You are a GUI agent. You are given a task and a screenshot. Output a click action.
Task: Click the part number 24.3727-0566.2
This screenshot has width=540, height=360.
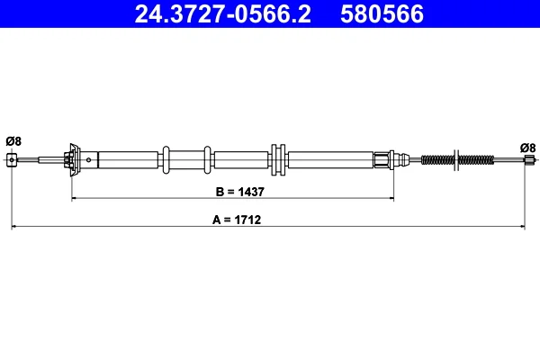tap(223, 13)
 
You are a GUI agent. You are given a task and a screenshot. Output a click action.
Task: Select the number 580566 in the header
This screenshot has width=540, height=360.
tap(382, 13)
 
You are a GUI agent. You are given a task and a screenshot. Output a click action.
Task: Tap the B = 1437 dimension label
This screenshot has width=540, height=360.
tap(239, 192)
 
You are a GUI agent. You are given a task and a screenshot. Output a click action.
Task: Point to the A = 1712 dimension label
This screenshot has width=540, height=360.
tap(237, 220)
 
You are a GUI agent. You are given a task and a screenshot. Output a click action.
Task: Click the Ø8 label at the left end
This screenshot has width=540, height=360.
tap(13, 141)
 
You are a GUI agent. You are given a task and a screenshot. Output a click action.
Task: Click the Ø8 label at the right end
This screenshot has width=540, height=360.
tap(528, 148)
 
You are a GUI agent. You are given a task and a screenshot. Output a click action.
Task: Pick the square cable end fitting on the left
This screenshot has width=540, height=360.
tap(12, 160)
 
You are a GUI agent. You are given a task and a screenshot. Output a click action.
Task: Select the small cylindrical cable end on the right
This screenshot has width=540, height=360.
tap(528, 159)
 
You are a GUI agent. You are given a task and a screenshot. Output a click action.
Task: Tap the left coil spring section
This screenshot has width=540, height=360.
tap(437, 160)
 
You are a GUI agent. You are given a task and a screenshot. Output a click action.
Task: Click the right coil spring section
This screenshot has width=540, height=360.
tap(477, 160)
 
